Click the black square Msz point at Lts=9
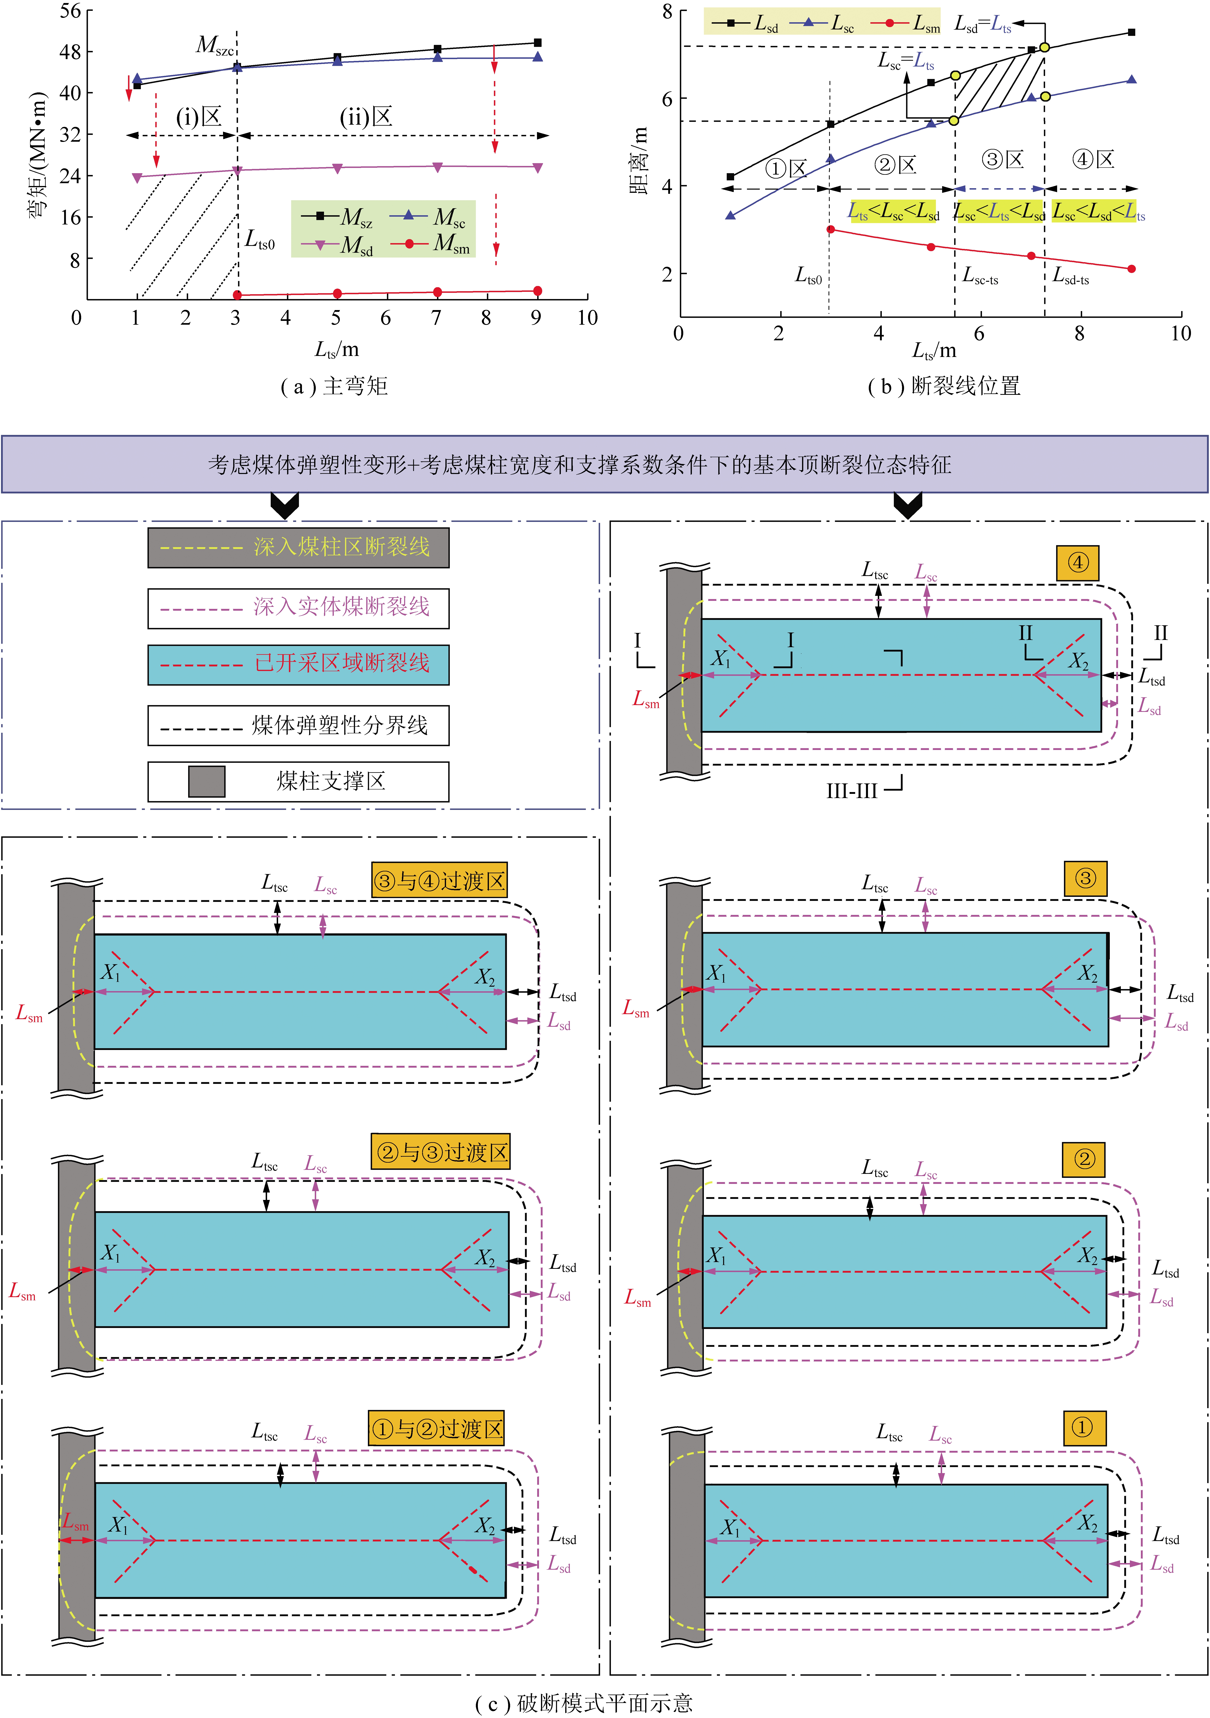pos(538,43)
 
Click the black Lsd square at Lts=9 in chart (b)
pos(1131,32)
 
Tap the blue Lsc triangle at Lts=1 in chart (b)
pos(731,215)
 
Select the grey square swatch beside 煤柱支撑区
pos(206,781)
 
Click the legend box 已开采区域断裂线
pos(298,664)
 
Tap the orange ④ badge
pos(1078,563)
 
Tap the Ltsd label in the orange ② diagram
pos(1165,1269)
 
